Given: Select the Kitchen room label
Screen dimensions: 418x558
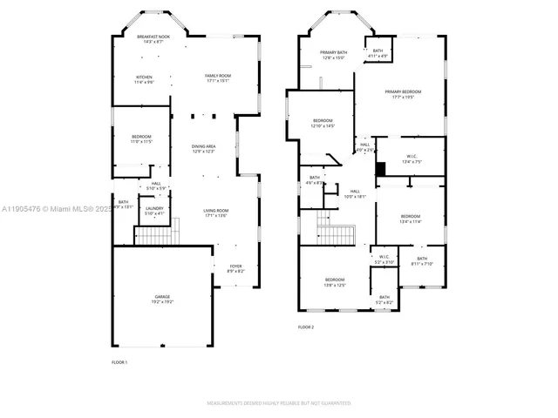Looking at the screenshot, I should coord(143,79).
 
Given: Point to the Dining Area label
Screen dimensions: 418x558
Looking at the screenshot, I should coord(204,149).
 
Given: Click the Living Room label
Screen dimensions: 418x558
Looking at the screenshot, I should coord(215,212).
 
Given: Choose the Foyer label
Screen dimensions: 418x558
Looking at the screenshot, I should coord(235,268).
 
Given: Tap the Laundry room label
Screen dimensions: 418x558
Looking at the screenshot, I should coord(154,210).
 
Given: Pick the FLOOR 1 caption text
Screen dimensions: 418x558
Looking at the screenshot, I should coord(119,361).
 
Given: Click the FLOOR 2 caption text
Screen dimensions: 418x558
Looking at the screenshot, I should coord(306,327).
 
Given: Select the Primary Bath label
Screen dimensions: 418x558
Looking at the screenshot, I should coord(333,55).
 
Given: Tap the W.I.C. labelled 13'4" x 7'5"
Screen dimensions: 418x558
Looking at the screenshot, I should coord(412,159).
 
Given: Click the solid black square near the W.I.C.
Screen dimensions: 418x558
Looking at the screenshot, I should coord(380,168).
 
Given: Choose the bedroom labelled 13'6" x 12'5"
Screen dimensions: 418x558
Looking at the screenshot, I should coord(335,282).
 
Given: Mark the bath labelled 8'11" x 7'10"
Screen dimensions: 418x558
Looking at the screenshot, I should coord(422,260).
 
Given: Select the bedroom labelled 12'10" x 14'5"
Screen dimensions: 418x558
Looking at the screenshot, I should coord(323,123).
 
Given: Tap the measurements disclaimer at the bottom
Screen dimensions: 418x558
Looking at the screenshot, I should coord(279,403).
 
